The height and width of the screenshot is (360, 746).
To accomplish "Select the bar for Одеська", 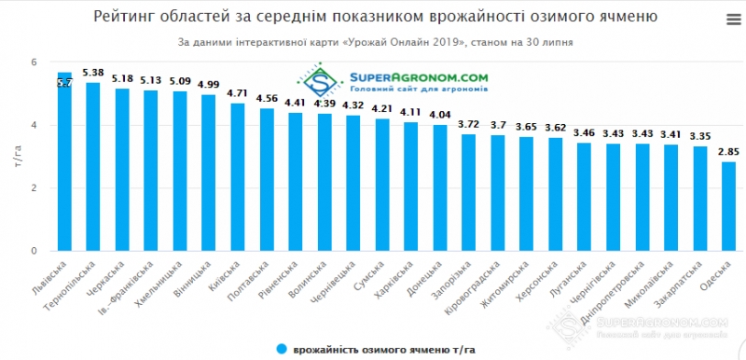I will click(728, 206).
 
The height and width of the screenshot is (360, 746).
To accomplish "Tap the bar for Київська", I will click(238, 176).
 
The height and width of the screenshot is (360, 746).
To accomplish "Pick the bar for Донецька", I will click(440, 187).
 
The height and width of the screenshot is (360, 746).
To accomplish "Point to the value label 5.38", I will click(93, 73).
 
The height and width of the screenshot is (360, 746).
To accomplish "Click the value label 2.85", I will click(728, 152).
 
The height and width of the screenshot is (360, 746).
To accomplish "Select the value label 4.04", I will click(440, 115).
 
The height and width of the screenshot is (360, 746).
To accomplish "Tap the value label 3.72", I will click(469, 124).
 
